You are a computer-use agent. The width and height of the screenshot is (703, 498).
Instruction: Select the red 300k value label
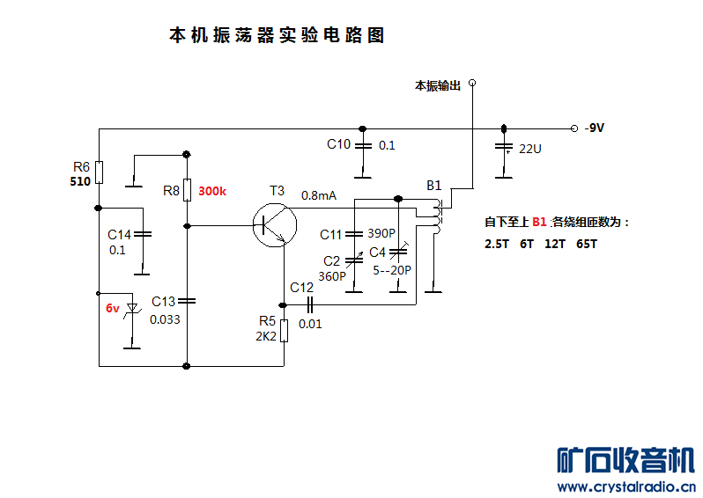pyautogui.click(x=212, y=191)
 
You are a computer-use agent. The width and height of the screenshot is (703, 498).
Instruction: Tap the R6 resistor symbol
pyautogui.click(x=99, y=171)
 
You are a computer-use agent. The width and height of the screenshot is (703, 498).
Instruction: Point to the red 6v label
pyautogui.click(x=113, y=308)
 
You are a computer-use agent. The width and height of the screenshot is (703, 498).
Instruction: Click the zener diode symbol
pyautogui.click(x=133, y=308)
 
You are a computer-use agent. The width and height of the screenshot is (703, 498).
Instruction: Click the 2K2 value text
pyautogui.click(x=267, y=336)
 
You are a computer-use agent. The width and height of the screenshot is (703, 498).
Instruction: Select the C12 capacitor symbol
pyautogui.click(x=310, y=304)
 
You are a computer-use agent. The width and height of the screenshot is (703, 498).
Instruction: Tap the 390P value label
pyautogui.click(x=381, y=234)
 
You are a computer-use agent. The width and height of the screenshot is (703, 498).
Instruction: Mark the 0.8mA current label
pyautogui.click(x=319, y=195)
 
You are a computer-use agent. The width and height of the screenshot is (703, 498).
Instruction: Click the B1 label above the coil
pyautogui.click(x=434, y=186)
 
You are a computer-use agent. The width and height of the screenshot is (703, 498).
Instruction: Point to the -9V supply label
pyautogui.click(x=595, y=128)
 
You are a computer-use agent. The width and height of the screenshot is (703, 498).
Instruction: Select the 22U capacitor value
pyautogui.click(x=530, y=149)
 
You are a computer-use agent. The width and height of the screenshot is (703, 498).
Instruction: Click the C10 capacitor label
pyautogui.click(x=338, y=144)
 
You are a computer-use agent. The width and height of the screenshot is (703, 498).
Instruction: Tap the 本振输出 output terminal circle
pyautogui.click(x=472, y=84)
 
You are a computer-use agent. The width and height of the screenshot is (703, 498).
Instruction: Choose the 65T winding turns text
pyautogui.click(x=587, y=244)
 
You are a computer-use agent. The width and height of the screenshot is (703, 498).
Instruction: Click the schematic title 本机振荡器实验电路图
pyautogui.click(x=277, y=36)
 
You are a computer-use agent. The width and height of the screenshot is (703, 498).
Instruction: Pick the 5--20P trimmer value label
pyautogui.click(x=390, y=269)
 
